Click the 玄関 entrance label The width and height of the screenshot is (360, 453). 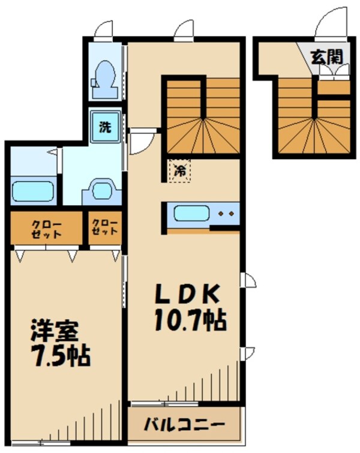coord(326,57)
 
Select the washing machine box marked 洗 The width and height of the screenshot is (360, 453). coord(105,127)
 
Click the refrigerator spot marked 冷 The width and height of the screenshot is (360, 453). coord(179,170)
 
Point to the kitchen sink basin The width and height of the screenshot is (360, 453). coord(191,214)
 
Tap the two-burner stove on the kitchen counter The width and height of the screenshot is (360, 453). coord(226,214)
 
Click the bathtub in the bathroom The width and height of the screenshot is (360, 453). coord(33,191)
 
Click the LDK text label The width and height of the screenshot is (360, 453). coord(186,294)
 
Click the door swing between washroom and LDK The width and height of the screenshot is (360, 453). coord(142,142)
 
